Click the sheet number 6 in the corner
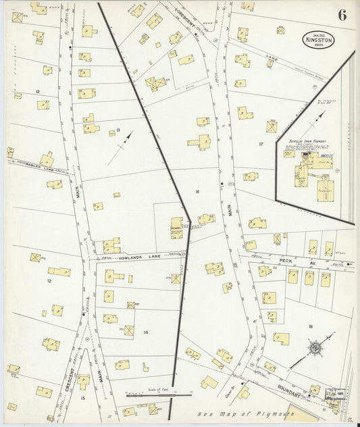342,16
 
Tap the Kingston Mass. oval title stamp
317,41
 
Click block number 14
145,332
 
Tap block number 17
260,144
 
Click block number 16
197,193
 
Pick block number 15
83,399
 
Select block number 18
311,326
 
